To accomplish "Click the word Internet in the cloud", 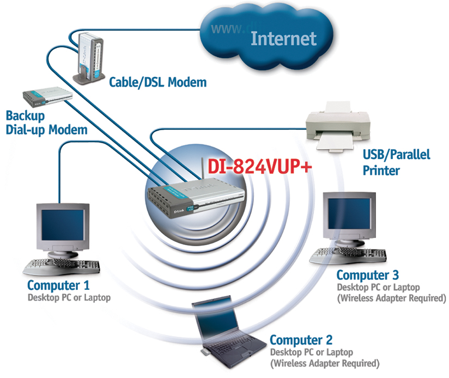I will (x=283, y=38).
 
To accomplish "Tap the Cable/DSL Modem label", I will (x=158, y=83).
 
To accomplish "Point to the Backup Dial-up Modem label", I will (x=46, y=123).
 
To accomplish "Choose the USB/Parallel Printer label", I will (x=396, y=162).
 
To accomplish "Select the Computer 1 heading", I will (x=58, y=285).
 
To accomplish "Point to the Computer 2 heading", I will (x=301, y=341).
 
